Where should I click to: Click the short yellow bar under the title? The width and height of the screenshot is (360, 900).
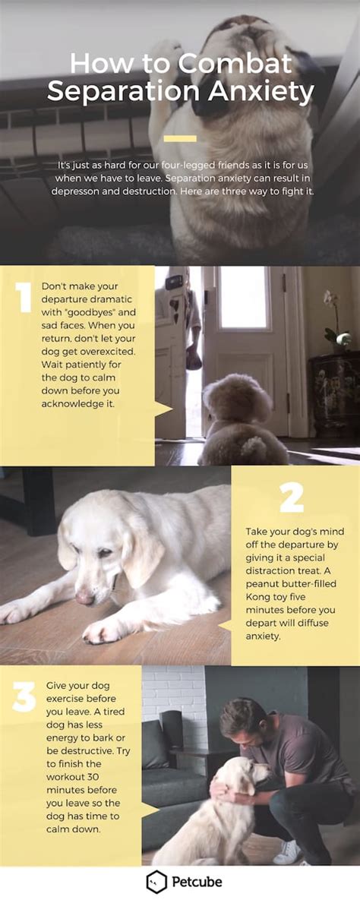click(180, 138)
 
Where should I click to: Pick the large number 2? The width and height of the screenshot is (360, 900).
click(292, 497)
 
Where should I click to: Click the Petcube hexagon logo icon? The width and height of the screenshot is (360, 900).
click(156, 882)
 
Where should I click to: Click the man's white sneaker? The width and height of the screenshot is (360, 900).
click(286, 852)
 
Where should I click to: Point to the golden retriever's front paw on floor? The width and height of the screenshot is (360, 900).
click(103, 630)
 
